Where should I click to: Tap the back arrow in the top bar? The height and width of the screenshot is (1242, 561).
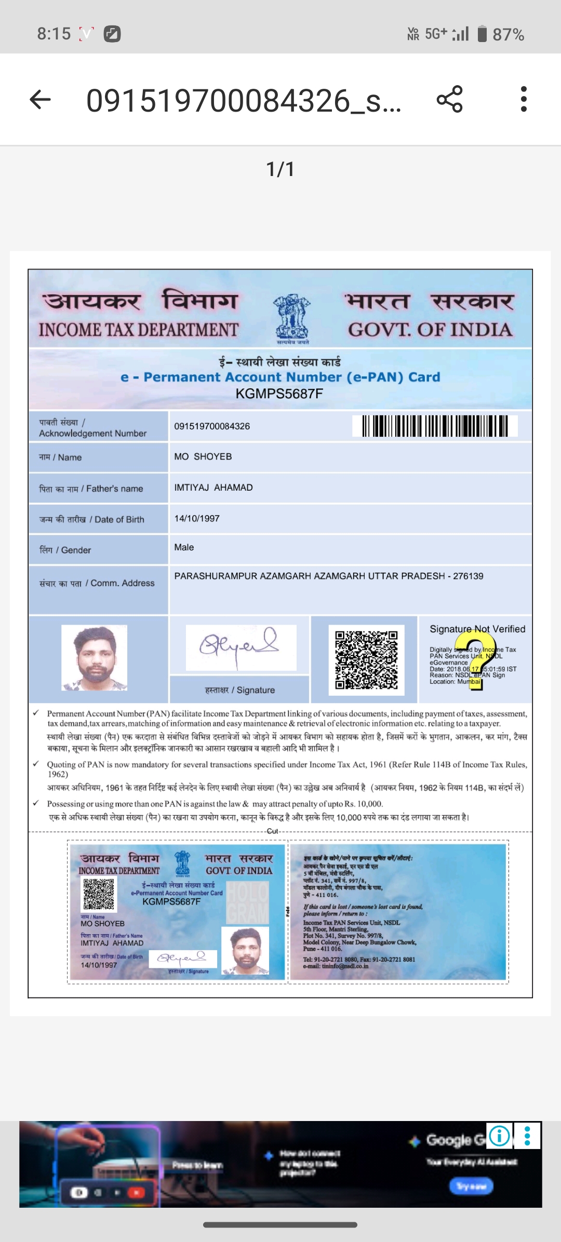40,99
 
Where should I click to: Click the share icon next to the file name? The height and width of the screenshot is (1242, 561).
449,99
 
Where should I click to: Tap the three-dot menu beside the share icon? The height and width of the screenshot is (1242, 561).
524,99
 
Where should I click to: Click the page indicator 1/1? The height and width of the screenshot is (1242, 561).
280,169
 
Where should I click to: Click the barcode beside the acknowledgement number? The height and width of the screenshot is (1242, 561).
435,426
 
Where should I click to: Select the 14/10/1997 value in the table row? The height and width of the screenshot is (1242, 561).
197,519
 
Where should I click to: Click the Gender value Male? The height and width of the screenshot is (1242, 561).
184,547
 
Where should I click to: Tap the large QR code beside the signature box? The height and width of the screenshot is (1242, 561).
366,660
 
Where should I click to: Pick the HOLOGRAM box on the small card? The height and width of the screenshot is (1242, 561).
248,904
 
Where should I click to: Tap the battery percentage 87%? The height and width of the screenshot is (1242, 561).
508,35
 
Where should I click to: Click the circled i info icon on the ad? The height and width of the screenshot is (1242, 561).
499,1136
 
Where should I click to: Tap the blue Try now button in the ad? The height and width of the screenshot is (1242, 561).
471,1186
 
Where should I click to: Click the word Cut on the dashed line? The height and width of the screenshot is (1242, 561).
273,831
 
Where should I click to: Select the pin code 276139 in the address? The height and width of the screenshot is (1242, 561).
468,576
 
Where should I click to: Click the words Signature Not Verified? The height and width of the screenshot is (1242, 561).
477,629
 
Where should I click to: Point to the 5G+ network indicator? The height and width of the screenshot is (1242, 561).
436,34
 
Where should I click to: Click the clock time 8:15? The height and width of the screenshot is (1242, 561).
54,34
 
